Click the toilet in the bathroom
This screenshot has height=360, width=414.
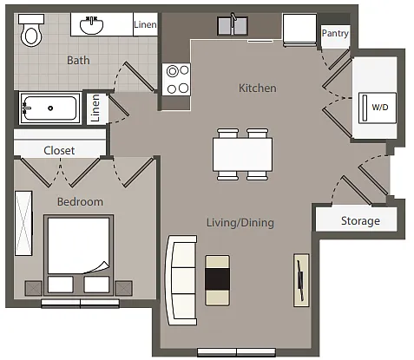[x=31, y=30]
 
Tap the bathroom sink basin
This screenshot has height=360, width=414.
[x=91, y=25]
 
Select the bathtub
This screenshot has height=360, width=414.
[x=50, y=108]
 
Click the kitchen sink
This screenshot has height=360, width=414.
[x=233, y=25]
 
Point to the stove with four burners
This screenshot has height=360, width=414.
[x=176, y=79]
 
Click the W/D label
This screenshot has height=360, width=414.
[x=379, y=108]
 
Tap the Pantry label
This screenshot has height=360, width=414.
[x=335, y=34]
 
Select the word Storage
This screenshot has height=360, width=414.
[x=360, y=220]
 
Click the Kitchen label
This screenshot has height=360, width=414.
[x=257, y=88]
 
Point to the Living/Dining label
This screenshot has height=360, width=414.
[x=240, y=223]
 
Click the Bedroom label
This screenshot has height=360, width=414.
[x=80, y=201]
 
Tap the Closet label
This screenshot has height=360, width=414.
[x=59, y=150]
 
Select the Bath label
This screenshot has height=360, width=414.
[x=78, y=60]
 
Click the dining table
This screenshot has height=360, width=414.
[x=242, y=154]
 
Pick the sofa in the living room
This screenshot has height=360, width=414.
[x=181, y=280]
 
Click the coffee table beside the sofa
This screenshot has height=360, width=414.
[x=218, y=280]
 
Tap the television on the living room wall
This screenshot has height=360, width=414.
[x=301, y=280]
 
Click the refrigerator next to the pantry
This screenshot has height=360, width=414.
[x=299, y=30]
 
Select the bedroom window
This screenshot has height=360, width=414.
[x=80, y=303]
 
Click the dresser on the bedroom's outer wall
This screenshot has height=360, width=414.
[x=23, y=223]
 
